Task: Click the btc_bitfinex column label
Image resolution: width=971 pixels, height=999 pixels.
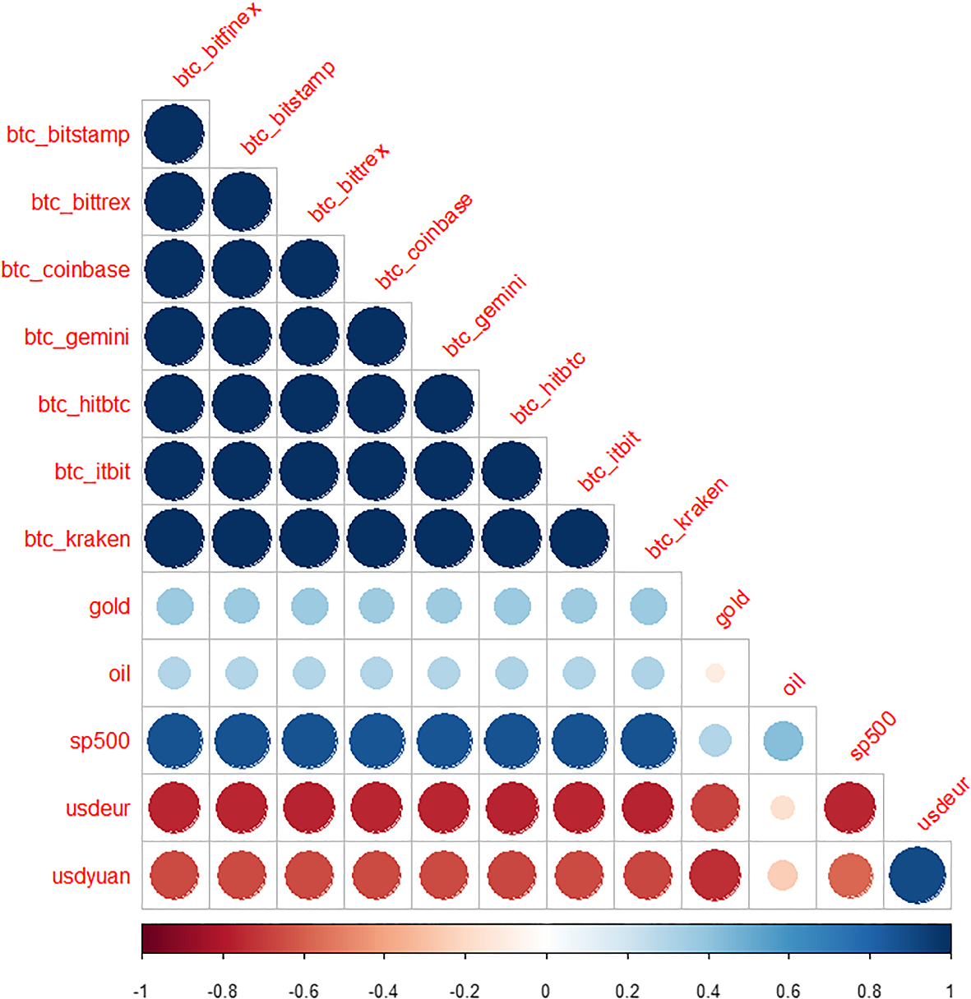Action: pyautogui.click(x=216, y=45)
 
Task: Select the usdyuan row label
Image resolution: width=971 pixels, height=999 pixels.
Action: pyautogui.click(x=90, y=876)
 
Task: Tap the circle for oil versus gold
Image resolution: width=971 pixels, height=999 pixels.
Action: pyautogui.click(x=714, y=673)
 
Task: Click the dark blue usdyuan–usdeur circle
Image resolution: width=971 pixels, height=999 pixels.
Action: pyautogui.click(x=918, y=876)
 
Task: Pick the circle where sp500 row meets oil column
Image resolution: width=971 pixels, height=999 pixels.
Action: pyautogui.click(x=783, y=740)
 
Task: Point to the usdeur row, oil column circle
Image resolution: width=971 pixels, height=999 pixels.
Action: pyautogui.click(x=783, y=808)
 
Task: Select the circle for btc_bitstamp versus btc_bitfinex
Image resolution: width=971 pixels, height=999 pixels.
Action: pyautogui.click(x=174, y=134)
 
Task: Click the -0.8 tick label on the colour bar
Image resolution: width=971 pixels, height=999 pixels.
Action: pyautogui.click(x=223, y=991)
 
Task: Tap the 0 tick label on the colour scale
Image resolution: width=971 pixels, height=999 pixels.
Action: pyautogui.click(x=546, y=991)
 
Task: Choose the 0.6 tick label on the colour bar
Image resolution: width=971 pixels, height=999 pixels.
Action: pyautogui.click(x=788, y=991)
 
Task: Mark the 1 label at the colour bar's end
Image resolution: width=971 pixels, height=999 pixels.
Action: pyautogui.click(x=950, y=991)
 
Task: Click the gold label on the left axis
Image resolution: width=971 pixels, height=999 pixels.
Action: pyautogui.click(x=109, y=606)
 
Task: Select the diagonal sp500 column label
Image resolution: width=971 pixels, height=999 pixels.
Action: pyautogui.click(x=872, y=736)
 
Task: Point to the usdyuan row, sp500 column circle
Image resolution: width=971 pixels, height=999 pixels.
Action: pyautogui.click(x=850, y=876)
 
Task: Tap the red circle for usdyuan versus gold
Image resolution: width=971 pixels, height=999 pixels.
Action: pyautogui.click(x=714, y=876)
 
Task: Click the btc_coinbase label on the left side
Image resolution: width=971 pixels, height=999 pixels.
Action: pyautogui.click(x=66, y=269)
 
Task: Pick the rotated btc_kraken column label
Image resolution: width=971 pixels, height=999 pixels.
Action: pyautogui.click(x=686, y=518)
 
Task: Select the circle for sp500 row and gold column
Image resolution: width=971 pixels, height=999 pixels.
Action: pyautogui.click(x=714, y=740)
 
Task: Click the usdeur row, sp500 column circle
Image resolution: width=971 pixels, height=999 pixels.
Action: pyautogui.click(x=850, y=808)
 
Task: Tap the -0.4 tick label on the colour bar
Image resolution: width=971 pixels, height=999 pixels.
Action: pyautogui.click(x=384, y=991)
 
